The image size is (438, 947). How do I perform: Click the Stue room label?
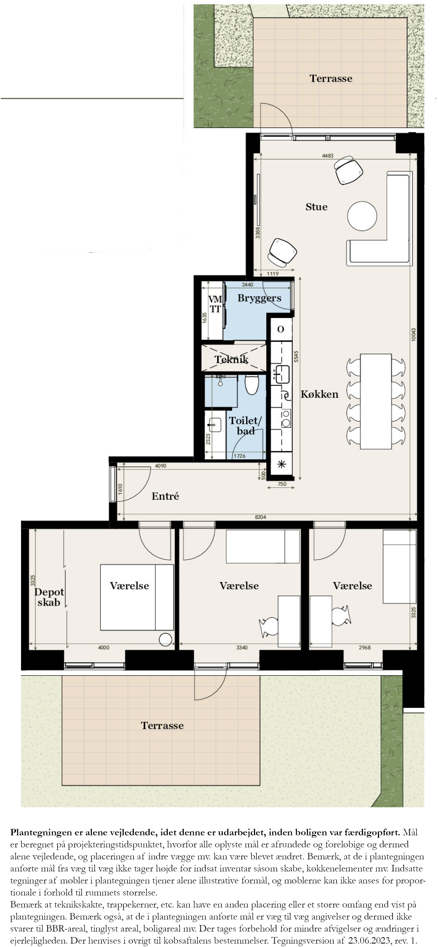coord(316,207)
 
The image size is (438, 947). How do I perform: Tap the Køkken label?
coord(319,394)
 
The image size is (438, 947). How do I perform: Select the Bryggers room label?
coord(259,298)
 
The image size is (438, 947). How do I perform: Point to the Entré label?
coord(165,496)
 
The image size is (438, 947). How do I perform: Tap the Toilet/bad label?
coord(245,425)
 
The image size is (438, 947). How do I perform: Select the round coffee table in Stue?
coord(362,216)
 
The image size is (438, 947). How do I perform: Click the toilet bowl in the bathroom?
coord(252,385)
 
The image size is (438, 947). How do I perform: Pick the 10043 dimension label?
coord(413,335)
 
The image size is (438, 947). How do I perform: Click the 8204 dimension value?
coord(260,517)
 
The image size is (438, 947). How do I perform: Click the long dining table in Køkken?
coord(376,401)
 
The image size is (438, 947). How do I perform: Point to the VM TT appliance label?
coord(215,304)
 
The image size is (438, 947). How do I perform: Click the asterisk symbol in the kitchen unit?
coord(281,464)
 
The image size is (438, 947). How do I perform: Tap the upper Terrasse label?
coord(331,78)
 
